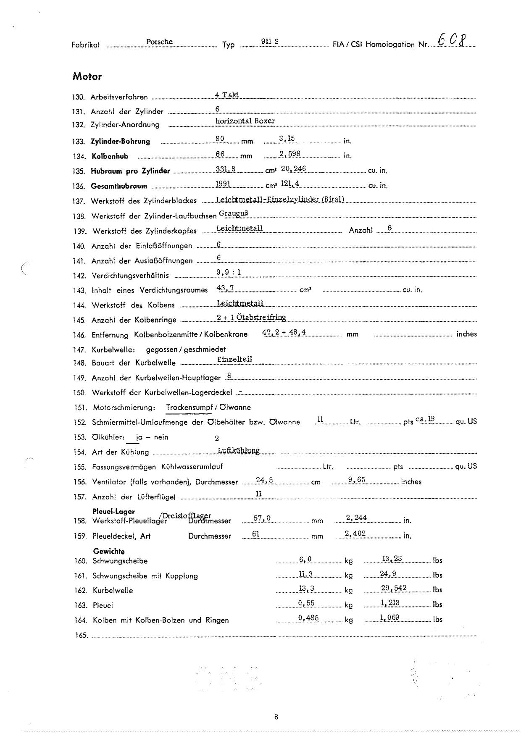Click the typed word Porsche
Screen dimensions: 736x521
pos(159,42)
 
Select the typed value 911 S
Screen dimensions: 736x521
pos(270,42)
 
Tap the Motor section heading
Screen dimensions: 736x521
pos(87,76)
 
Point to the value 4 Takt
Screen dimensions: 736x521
pos(226,95)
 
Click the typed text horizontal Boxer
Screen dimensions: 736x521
pos(245,121)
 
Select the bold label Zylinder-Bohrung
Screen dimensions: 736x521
pos(120,142)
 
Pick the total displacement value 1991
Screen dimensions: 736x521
pos(223,184)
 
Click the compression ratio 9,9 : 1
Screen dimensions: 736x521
pos(229,272)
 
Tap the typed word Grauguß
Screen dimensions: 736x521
pos(234,213)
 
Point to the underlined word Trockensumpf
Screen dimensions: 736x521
pos(189,407)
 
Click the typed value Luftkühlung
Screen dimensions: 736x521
pos(239,450)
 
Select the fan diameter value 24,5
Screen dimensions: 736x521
pos(265,480)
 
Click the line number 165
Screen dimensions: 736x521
pos(82,636)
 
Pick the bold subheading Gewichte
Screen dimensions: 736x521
pos(109,552)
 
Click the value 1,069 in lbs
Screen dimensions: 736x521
pos(390,618)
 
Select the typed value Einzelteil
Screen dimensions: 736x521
pos(234,359)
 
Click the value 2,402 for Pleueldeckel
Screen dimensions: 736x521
pos(355,534)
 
